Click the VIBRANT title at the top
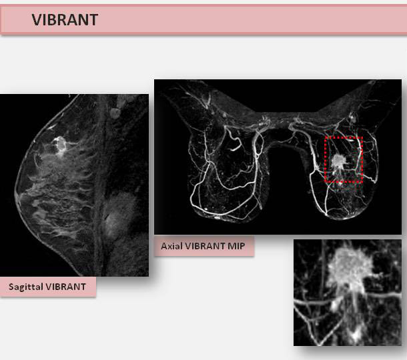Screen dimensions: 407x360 [x=65, y=20]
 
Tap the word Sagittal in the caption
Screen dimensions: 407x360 [x=25, y=287]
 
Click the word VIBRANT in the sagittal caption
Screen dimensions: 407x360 [x=65, y=287]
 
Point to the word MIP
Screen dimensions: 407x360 [x=236, y=246]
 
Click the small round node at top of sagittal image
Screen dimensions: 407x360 [x=115, y=113]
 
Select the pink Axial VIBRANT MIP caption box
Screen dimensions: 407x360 [x=204, y=246]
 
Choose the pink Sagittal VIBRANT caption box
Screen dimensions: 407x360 [x=48, y=287]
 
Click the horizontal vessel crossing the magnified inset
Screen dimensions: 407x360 [x=348, y=298]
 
